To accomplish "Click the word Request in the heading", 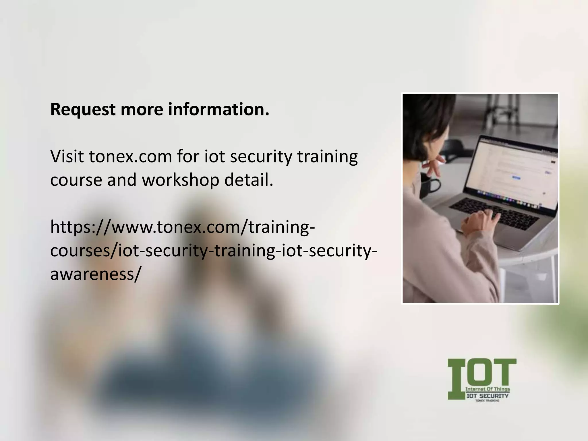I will [x=83, y=110].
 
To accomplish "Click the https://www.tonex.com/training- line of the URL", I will [x=183, y=227].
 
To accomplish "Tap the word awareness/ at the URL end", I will [x=96, y=274].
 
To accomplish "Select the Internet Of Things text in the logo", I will [x=488, y=389].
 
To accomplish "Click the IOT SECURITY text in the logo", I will [x=488, y=396].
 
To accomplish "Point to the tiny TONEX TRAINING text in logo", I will [x=487, y=401].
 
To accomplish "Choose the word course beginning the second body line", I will [x=76, y=180].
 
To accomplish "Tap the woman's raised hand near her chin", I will [x=434, y=168].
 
